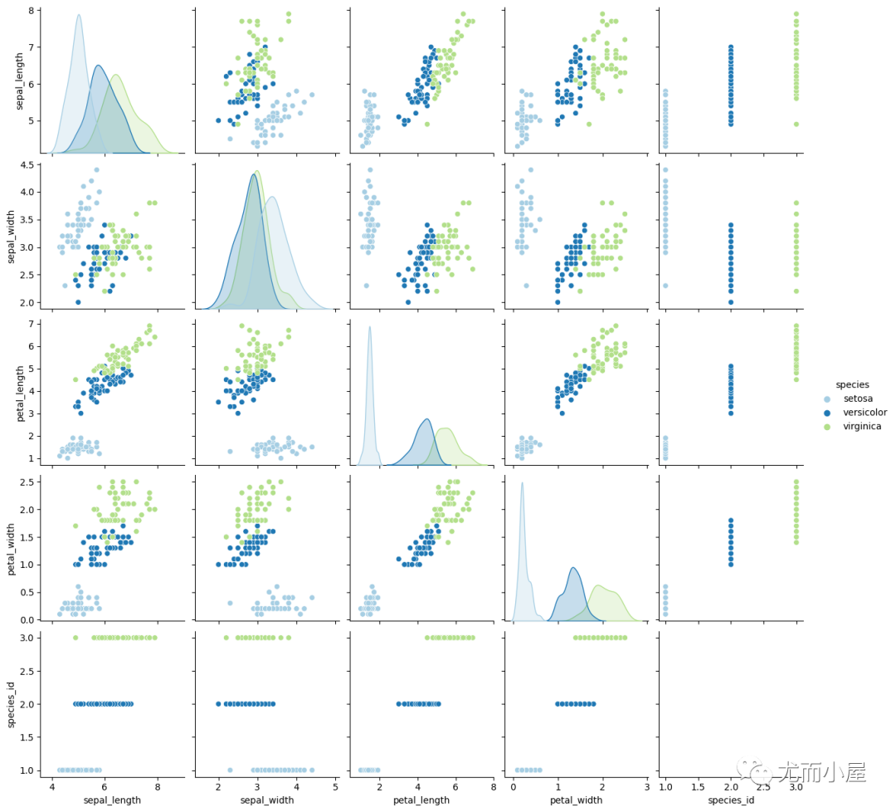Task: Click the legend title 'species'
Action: tap(852, 384)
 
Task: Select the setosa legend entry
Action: tap(857, 399)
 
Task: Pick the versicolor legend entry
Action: tap(864, 413)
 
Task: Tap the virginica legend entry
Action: tap(862, 427)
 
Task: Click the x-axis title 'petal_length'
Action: tap(421, 800)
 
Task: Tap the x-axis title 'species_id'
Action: tap(731, 800)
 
